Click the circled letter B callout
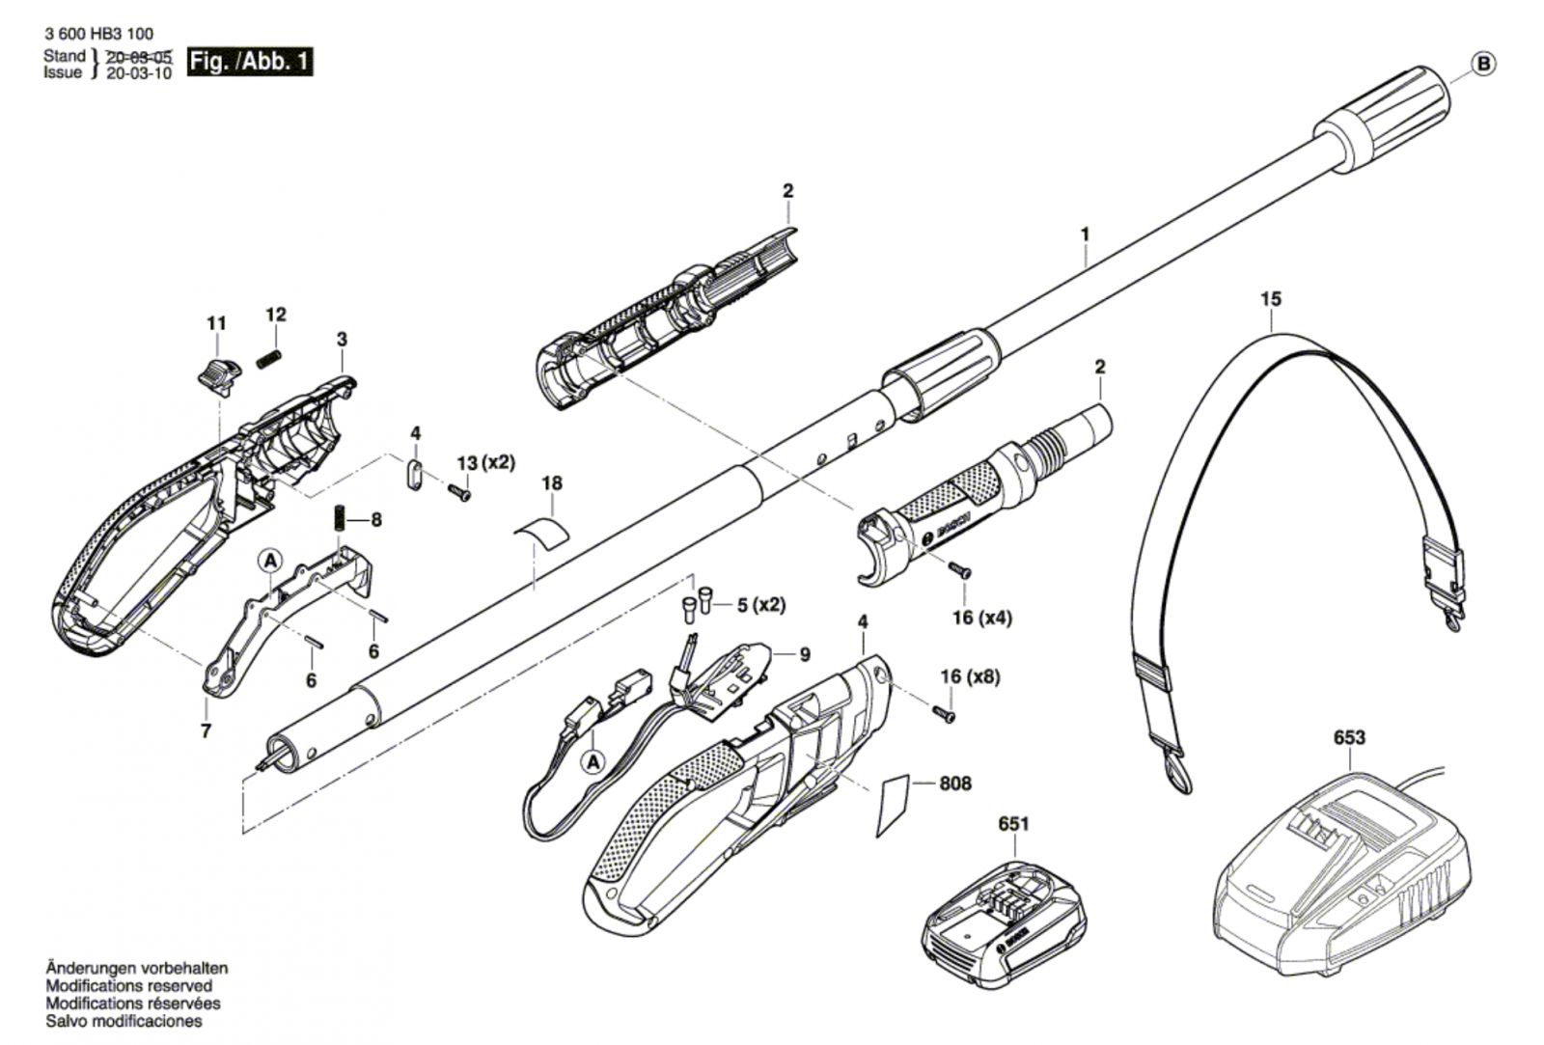[x=1484, y=65]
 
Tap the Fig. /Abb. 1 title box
[x=250, y=62]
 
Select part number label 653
[x=1348, y=737]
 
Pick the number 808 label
[x=954, y=784]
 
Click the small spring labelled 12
[x=270, y=359]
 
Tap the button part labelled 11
[x=216, y=376]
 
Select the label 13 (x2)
[x=486, y=462]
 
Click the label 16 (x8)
[x=970, y=677]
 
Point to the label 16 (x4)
[x=982, y=618]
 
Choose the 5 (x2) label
[x=761, y=606]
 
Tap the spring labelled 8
[x=340, y=518]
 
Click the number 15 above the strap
[x=1271, y=299]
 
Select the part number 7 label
[x=206, y=730]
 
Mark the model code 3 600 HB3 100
[x=98, y=34]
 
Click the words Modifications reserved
[x=129, y=986]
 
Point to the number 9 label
[x=805, y=654]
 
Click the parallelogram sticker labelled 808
[x=894, y=805]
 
